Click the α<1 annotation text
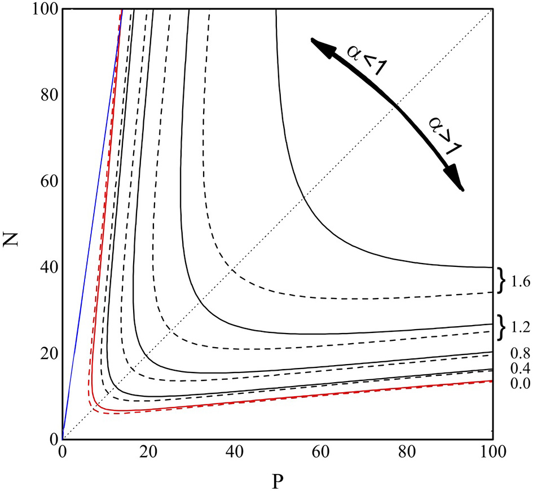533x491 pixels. point(358,61)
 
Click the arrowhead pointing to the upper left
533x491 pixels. point(320,46)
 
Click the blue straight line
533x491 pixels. point(90,226)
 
